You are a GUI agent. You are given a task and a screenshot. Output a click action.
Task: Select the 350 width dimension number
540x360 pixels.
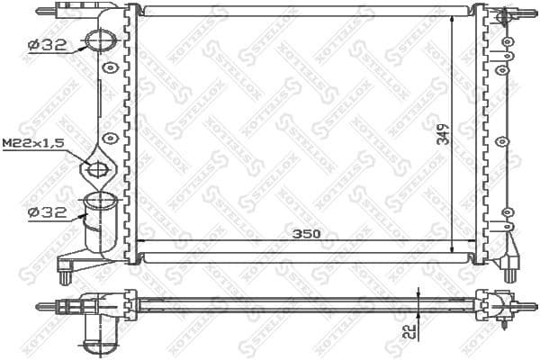[305, 234]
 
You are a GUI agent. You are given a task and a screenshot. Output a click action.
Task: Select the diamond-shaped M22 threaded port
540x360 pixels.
[97, 168]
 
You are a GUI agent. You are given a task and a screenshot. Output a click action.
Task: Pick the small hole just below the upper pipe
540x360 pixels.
[109, 67]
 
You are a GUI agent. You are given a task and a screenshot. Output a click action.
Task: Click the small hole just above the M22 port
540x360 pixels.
[109, 139]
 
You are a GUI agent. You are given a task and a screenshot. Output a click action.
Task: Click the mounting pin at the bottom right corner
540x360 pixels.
[510, 270]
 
